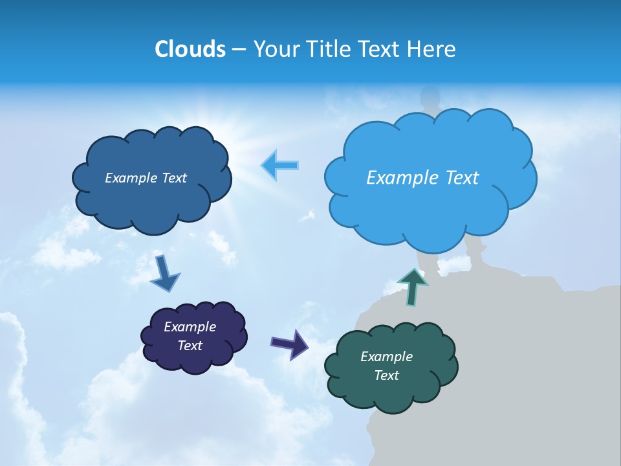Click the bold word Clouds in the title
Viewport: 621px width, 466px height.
[x=190, y=49]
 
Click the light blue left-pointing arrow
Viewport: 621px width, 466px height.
[x=280, y=165]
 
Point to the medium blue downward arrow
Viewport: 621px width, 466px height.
[x=164, y=274]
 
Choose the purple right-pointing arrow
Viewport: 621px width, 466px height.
[x=290, y=344]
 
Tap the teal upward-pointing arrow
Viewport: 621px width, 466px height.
[x=413, y=287]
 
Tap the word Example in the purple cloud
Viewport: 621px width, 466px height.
[x=190, y=327]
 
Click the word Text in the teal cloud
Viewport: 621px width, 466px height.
[x=387, y=375]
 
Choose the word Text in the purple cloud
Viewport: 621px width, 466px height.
[x=190, y=346]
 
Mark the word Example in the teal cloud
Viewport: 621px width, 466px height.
[x=386, y=357]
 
